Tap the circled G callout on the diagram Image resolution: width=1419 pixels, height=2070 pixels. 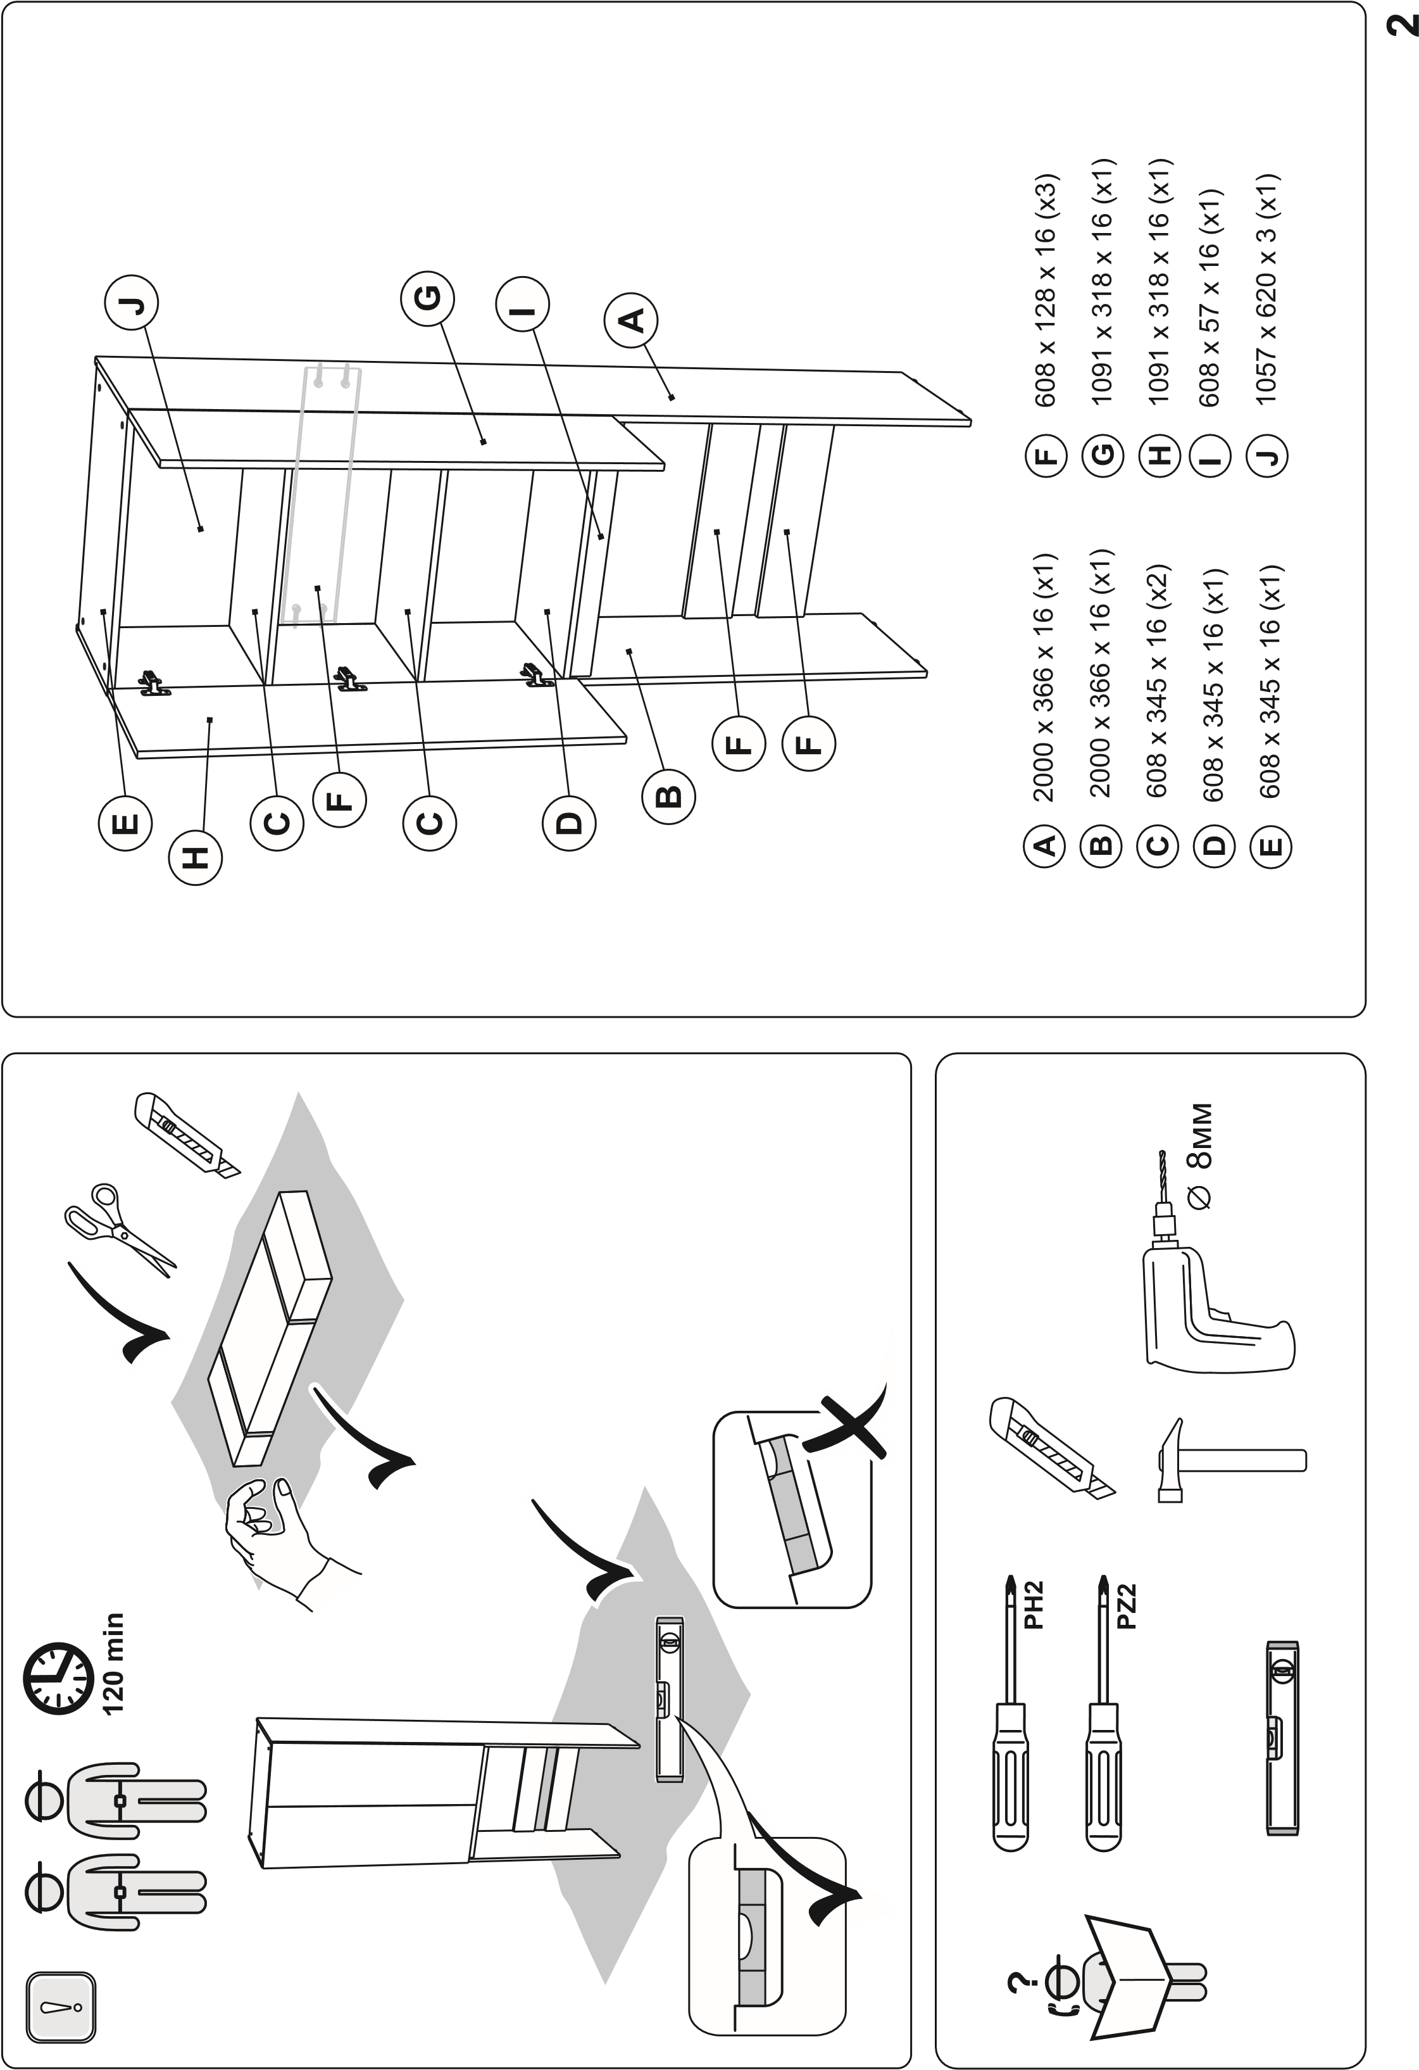tap(427, 300)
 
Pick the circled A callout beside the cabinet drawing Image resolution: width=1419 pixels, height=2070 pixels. tap(631, 320)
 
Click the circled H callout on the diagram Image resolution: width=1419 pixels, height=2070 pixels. tap(196, 859)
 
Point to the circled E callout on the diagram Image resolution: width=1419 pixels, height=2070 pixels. tap(125, 824)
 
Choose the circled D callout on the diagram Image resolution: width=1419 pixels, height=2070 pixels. tap(569, 824)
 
